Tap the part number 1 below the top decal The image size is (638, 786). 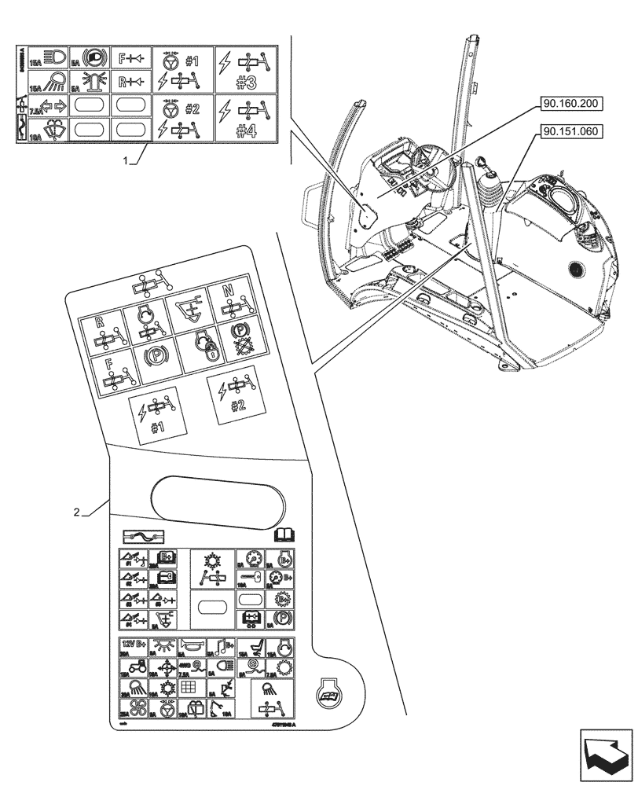pyautogui.click(x=126, y=160)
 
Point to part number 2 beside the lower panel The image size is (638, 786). pyautogui.click(x=76, y=513)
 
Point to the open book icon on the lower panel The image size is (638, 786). pyautogui.click(x=282, y=536)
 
